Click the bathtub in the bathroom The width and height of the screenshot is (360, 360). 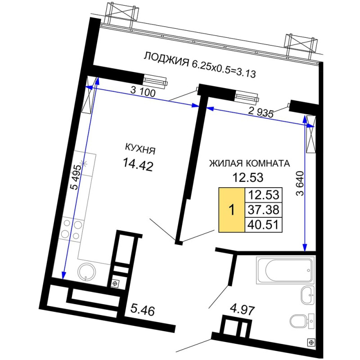285,270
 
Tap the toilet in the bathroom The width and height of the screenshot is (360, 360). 302,320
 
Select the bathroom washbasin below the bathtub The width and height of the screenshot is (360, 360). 307,295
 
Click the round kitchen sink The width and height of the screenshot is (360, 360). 86,272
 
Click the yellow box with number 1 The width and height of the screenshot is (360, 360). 232,210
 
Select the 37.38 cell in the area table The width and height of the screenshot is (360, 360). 264,209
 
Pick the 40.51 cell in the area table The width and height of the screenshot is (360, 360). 264,225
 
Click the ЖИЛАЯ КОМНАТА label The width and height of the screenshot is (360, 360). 250,163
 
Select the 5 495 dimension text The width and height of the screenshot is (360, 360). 76,177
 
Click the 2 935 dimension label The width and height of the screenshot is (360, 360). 261,112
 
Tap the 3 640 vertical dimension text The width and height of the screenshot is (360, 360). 300,184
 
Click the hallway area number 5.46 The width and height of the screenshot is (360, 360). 143,310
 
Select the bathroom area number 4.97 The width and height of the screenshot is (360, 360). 243,310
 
